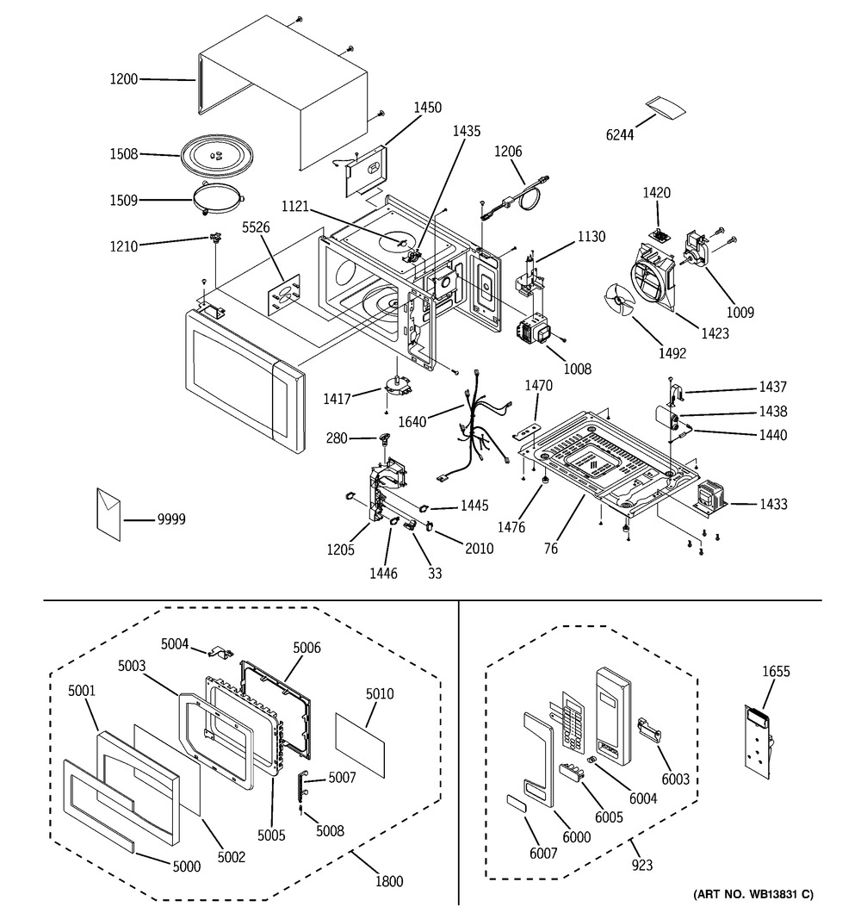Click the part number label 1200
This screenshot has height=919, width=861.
tap(124, 79)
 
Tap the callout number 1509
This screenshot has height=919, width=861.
tap(124, 202)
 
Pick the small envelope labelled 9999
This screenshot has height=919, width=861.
tap(109, 514)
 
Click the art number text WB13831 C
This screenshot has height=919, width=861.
tap(753, 895)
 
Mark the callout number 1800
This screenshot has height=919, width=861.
tap(389, 881)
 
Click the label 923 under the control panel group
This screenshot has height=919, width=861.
tap(641, 865)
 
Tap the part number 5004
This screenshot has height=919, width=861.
tap(175, 643)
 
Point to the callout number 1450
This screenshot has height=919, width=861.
tap(428, 108)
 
